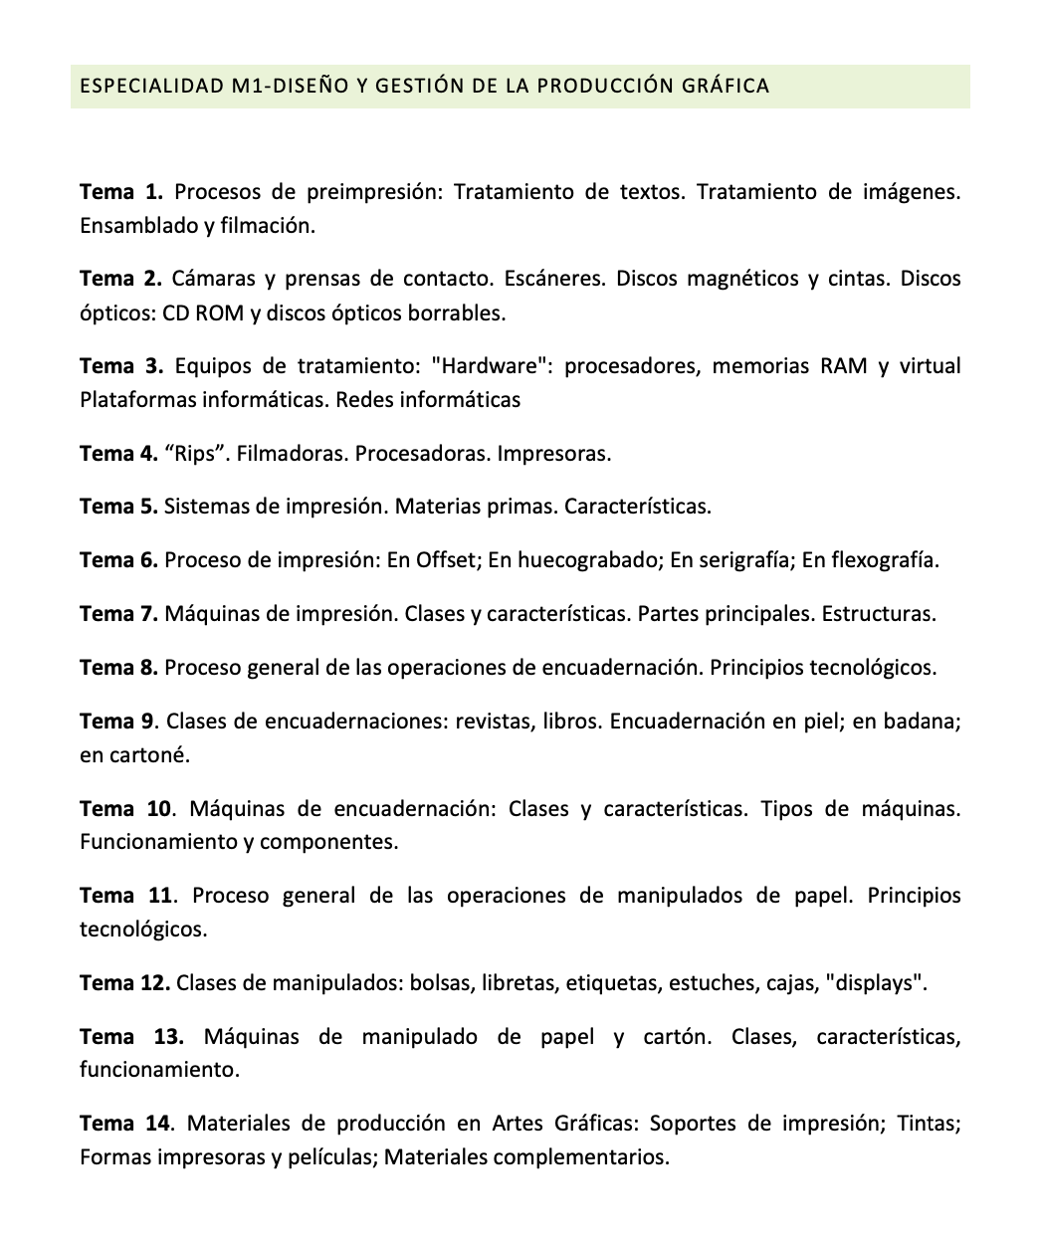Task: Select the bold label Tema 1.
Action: pyautogui.click(x=120, y=191)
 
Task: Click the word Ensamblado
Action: pyautogui.click(x=138, y=225)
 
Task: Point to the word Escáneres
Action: pyautogui.click(x=553, y=279)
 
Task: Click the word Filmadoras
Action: pyautogui.click(x=293, y=454)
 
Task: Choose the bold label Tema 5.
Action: pyautogui.click(x=118, y=507)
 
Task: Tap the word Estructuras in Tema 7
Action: pyautogui.click(x=878, y=614)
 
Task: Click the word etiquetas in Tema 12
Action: pyautogui.click(x=612, y=983)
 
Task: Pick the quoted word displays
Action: pyautogui.click(x=876, y=983)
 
